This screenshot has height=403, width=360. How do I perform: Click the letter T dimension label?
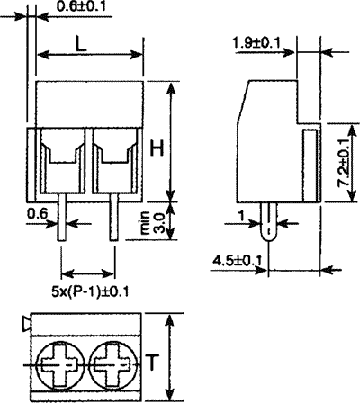(154, 362)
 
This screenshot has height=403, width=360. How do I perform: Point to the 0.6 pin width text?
(38, 213)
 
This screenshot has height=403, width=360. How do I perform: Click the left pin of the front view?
(62, 219)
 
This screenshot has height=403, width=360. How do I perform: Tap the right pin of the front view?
(114, 219)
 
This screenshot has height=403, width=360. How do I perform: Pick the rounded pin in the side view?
(269, 221)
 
